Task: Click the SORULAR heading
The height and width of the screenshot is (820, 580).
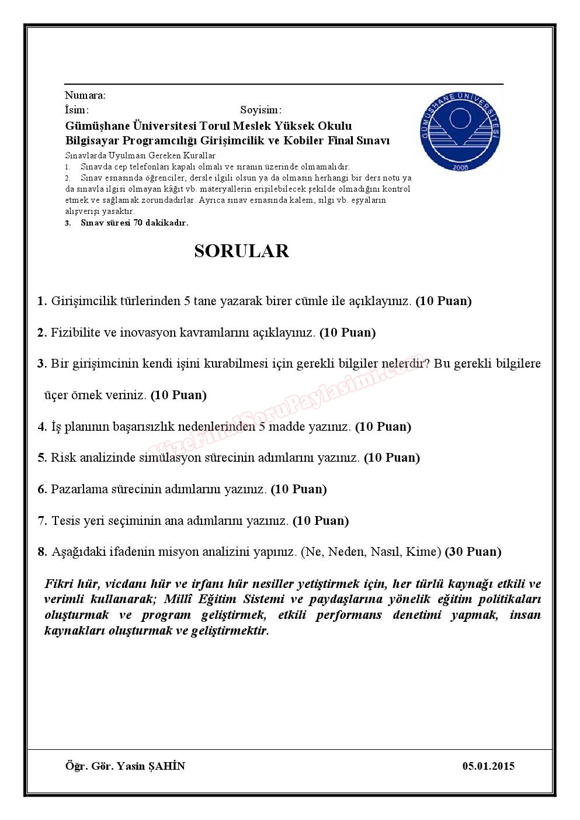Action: pyautogui.click(x=241, y=251)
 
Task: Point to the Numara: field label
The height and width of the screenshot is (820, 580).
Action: pyautogui.click(x=85, y=95)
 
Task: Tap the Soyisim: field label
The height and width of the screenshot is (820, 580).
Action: pyautogui.click(x=261, y=110)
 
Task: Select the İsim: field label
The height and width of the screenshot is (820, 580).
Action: pyautogui.click(x=77, y=110)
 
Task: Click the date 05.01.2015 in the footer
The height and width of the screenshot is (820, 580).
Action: pyautogui.click(x=488, y=766)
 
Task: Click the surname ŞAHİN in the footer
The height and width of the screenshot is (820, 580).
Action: pyautogui.click(x=166, y=766)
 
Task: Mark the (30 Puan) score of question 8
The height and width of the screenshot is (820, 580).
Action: pyautogui.click(x=473, y=551)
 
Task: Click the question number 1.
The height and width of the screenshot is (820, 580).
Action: pyautogui.click(x=41, y=302)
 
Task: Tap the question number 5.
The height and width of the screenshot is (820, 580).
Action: pyautogui.click(x=41, y=458)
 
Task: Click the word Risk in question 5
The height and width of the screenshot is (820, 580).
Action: pyautogui.click(x=62, y=458)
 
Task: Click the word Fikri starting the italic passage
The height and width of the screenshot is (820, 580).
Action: pyautogui.click(x=58, y=584)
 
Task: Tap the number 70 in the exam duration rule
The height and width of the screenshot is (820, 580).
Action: pyautogui.click(x=138, y=223)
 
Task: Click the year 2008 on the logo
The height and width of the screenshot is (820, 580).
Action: pyautogui.click(x=460, y=168)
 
